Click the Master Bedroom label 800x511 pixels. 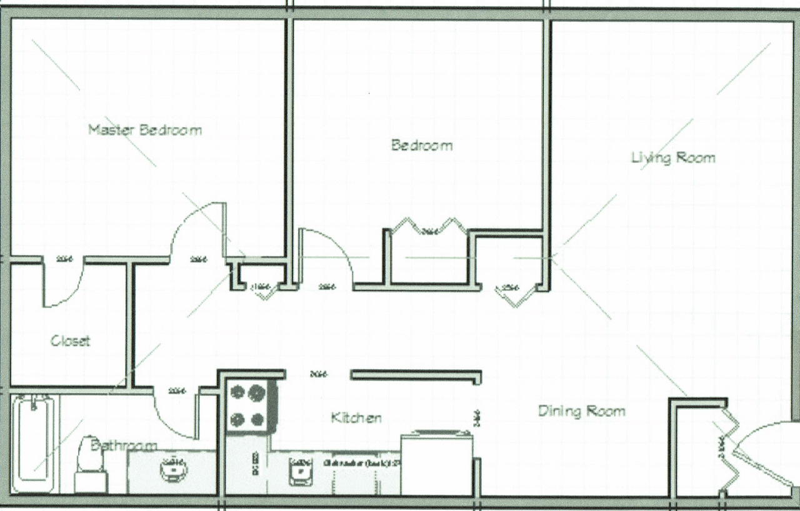click(x=144, y=130)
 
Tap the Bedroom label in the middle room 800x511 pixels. click(x=421, y=146)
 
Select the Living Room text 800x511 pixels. click(x=672, y=157)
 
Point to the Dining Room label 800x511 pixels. click(x=581, y=411)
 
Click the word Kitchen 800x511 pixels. click(x=356, y=417)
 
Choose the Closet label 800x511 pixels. click(x=70, y=340)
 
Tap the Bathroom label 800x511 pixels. click(x=123, y=445)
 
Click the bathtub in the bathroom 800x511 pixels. click(x=34, y=444)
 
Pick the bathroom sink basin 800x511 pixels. click(x=174, y=469)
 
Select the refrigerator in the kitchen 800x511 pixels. click(x=436, y=462)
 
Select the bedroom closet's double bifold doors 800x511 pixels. click(x=429, y=227)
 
